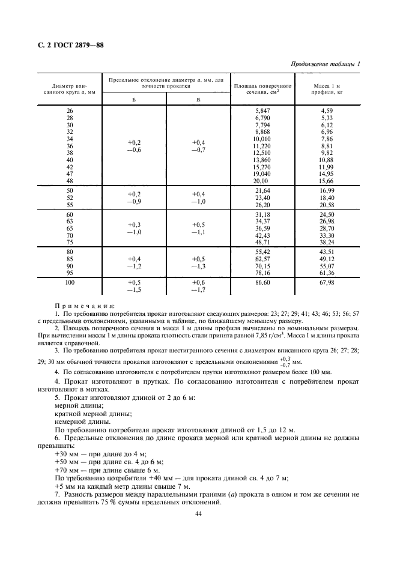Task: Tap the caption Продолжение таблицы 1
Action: pos(326,64)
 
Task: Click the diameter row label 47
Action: pos(69,174)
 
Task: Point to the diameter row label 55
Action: pos(69,205)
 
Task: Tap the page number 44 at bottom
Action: pos(198,513)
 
